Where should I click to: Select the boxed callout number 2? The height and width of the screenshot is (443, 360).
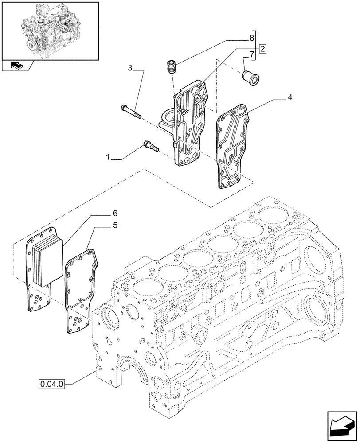pyautogui.click(x=262, y=49)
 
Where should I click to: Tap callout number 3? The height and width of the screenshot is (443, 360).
pyautogui.click(x=130, y=68)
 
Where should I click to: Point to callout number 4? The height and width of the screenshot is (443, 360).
pyautogui.click(x=289, y=97)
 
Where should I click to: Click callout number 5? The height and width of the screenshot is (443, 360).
pyautogui.click(x=115, y=225)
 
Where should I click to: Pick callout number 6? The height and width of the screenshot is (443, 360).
pyautogui.click(x=115, y=213)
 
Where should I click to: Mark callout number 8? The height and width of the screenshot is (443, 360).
pyautogui.click(x=252, y=37)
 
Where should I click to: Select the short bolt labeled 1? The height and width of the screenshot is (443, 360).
pyautogui.click(x=150, y=146)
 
